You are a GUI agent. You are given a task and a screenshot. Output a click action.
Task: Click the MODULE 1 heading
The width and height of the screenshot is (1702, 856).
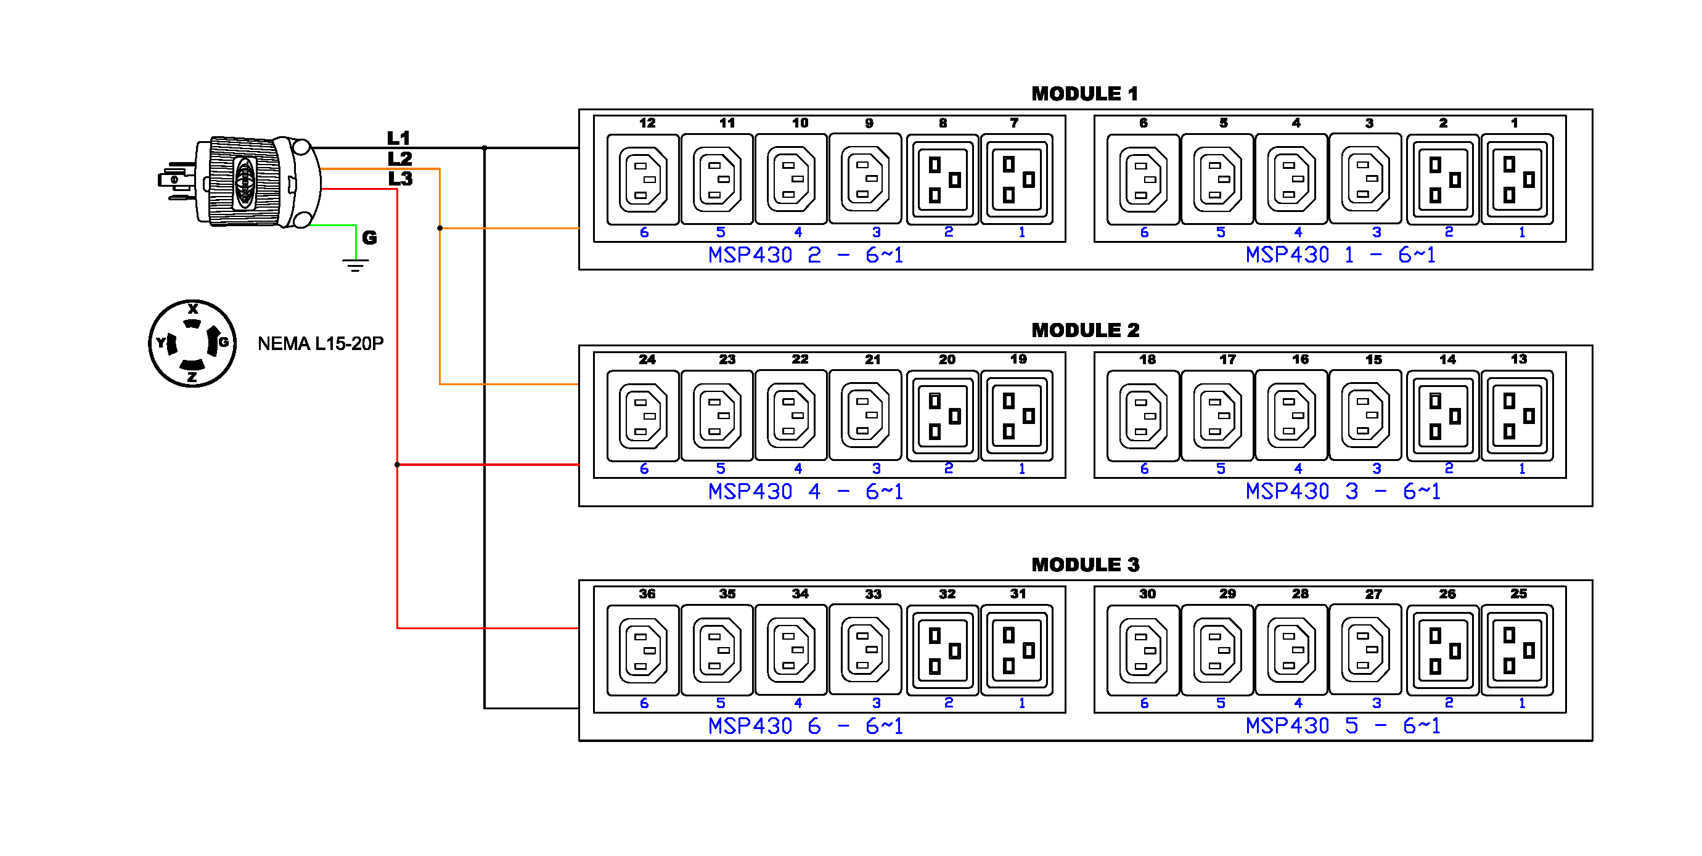coord(1084,94)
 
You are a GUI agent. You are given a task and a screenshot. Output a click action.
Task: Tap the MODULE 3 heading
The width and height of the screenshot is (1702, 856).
coord(1085,565)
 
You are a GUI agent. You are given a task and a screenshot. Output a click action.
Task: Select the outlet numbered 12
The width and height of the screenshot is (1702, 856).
coord(642,179)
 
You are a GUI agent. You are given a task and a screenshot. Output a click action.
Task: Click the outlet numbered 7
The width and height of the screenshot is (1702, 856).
coord(1016,179)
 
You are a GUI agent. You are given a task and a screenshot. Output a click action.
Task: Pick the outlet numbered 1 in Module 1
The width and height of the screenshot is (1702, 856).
coord(1516,179)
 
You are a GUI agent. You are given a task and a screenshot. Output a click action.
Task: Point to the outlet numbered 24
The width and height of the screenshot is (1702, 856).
coord(642,415)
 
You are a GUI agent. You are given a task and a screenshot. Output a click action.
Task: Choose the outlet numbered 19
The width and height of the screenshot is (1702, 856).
coord(1016,415)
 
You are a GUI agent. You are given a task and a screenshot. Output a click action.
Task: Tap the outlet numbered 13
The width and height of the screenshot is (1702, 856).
coord(1516,415)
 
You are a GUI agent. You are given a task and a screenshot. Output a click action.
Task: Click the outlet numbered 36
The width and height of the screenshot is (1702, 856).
coord(642,650)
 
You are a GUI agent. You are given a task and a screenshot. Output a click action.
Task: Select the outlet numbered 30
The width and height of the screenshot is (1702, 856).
coord(1142,650)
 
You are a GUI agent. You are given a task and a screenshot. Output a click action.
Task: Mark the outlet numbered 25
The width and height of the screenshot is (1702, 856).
coord(1516,650)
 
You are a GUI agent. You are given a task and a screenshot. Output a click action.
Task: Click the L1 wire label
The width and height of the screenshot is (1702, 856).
coord(398,138)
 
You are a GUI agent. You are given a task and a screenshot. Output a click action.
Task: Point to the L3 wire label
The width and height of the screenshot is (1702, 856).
coord(399,178)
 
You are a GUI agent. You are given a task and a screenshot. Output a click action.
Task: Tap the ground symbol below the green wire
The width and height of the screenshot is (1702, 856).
coord(356,266)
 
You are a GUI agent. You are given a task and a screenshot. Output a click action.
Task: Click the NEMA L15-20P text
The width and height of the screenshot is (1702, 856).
coord(321,343)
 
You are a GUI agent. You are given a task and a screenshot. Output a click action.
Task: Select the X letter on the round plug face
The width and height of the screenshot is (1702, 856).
coord(193,309)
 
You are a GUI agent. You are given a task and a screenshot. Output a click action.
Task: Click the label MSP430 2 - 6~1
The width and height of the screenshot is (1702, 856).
coord(804,255)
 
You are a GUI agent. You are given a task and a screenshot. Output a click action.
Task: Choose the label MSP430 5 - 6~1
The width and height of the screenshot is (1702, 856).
coord(1343,726)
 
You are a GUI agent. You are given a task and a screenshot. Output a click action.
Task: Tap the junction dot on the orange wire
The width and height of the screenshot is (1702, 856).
coord(440,228)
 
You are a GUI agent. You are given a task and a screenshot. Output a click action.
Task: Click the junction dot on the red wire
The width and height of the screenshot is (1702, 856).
coord(397,464)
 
